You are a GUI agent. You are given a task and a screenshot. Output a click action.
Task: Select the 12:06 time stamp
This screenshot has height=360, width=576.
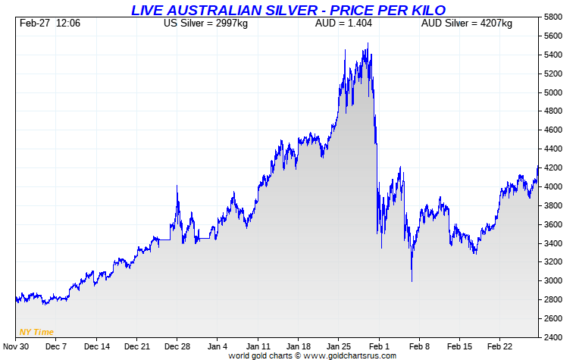[69, 23]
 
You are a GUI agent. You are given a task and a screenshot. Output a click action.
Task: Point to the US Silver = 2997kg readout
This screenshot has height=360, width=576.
[206, 23]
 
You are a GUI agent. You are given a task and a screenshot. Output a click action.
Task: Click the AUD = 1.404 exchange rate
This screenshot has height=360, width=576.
[343, 23]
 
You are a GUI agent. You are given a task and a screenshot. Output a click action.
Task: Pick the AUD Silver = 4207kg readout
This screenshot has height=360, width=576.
[466, 23]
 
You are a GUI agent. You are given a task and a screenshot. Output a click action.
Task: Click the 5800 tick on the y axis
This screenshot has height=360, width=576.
[553, 17]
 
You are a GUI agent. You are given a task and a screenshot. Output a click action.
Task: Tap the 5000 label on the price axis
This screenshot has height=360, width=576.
[553, 92]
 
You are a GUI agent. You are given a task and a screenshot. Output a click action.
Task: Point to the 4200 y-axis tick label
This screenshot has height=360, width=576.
[553, 167]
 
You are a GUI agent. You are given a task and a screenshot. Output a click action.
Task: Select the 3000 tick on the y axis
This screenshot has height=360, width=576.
[553, 280]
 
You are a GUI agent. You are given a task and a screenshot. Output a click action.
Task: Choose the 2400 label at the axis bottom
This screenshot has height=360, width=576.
[553, 337]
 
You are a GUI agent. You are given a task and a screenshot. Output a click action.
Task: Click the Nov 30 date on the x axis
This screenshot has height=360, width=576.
[15, 346]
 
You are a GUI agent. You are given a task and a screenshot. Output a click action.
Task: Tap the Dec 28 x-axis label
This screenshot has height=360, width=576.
[177, 346]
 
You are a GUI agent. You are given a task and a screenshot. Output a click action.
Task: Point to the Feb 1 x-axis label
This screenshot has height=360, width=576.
[379, 346]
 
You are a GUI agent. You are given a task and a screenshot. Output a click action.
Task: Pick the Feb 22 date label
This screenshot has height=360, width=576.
[501, 346]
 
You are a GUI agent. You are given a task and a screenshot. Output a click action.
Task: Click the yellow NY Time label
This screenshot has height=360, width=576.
[36, 331]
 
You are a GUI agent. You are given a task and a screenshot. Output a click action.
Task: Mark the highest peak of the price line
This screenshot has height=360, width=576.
[368, 44]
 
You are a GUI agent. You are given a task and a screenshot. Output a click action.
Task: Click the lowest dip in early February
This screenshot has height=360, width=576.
[412, 281]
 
